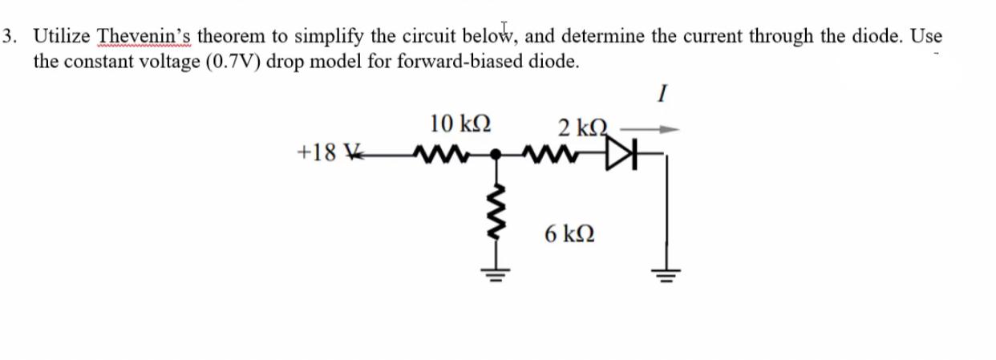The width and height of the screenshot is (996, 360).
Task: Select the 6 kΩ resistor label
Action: (569, 235)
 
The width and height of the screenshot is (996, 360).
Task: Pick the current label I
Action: (660, 95)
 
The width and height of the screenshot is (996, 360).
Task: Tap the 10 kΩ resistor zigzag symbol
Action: (435, 152)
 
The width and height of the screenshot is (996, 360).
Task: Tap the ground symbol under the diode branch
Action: (666, 275)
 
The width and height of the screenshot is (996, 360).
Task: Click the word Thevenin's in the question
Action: (144, 36)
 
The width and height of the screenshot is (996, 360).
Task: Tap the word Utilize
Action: (63, 36)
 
